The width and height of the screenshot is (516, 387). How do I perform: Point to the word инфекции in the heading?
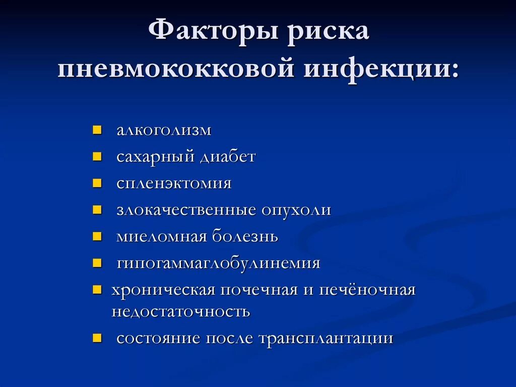[381, 69]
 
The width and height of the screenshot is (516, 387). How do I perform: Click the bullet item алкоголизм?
[164, 130]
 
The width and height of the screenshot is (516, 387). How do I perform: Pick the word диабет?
[228, 157]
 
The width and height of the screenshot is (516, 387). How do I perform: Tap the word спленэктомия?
[174, 183]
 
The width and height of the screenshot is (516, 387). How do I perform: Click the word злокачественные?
[186, 210]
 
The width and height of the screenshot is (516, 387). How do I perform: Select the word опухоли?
[296, 210]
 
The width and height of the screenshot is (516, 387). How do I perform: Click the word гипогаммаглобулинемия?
[218, 263]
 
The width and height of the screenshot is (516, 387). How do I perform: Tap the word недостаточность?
[180, 311]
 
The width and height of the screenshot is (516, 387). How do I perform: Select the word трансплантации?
[326, 338]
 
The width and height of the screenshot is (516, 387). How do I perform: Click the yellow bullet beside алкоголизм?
[97, 130]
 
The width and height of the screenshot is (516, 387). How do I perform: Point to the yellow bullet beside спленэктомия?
[97, 183]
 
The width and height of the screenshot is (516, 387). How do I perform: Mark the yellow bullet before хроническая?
[97, 290]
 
